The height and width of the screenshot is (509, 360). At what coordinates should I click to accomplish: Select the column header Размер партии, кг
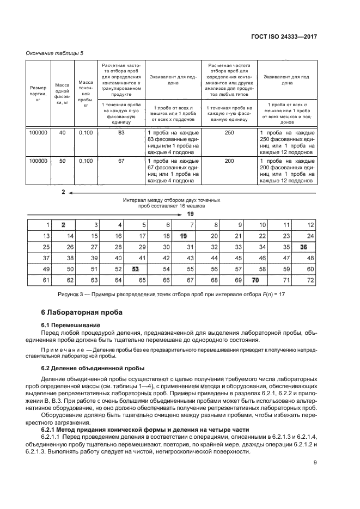[x=38, y=94]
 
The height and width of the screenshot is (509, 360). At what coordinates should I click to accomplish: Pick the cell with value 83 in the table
[x=121, y=132]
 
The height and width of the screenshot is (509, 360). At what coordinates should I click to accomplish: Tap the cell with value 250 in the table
[x=229, y=132]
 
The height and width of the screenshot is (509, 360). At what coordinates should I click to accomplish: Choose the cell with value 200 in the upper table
[x=229, y=162]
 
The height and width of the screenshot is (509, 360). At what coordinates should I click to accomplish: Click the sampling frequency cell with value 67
[x=121, y=162]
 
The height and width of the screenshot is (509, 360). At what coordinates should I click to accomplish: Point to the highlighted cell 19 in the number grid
[x=183, y=236]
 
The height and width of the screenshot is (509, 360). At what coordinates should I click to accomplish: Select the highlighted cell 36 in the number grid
[x=303, y=247]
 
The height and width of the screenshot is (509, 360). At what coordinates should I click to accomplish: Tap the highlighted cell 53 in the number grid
[x=135, y=269]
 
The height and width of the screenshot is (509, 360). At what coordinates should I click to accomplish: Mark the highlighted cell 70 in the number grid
[x=255, y=280]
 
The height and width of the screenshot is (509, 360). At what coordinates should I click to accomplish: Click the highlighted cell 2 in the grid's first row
[x=63, y=225]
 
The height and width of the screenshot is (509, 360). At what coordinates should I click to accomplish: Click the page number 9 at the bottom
[x=315, y=479]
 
